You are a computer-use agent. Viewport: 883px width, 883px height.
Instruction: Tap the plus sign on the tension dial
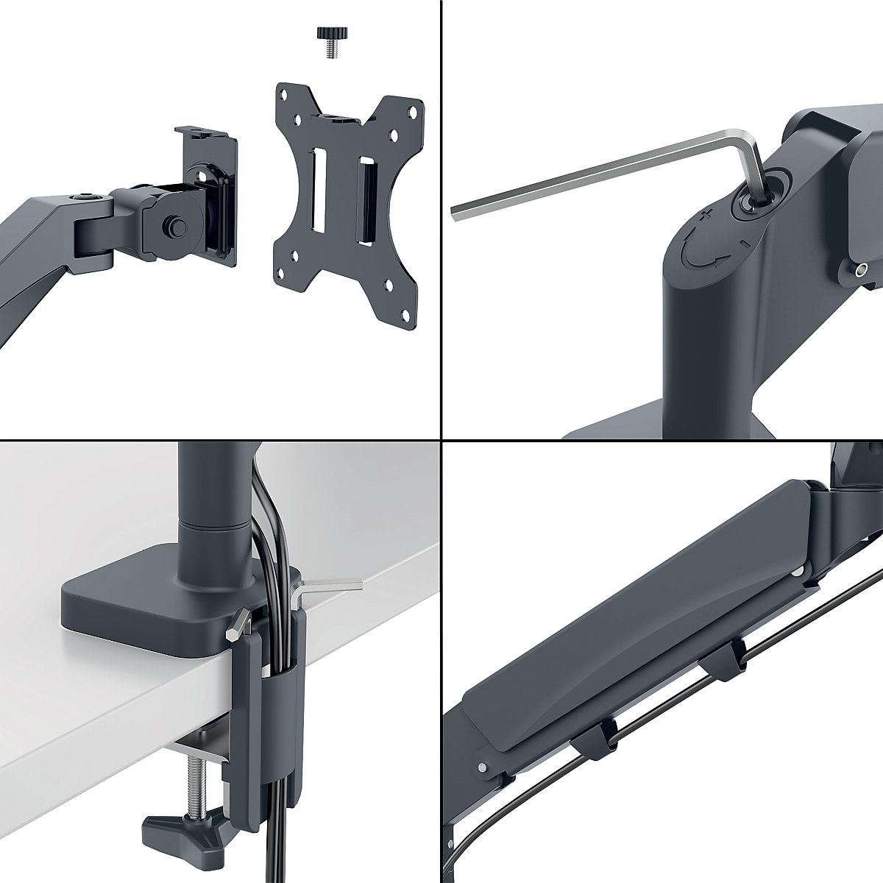click(x=706, y=215)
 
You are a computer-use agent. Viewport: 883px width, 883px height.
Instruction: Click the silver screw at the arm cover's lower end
click(x=482, y=768)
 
